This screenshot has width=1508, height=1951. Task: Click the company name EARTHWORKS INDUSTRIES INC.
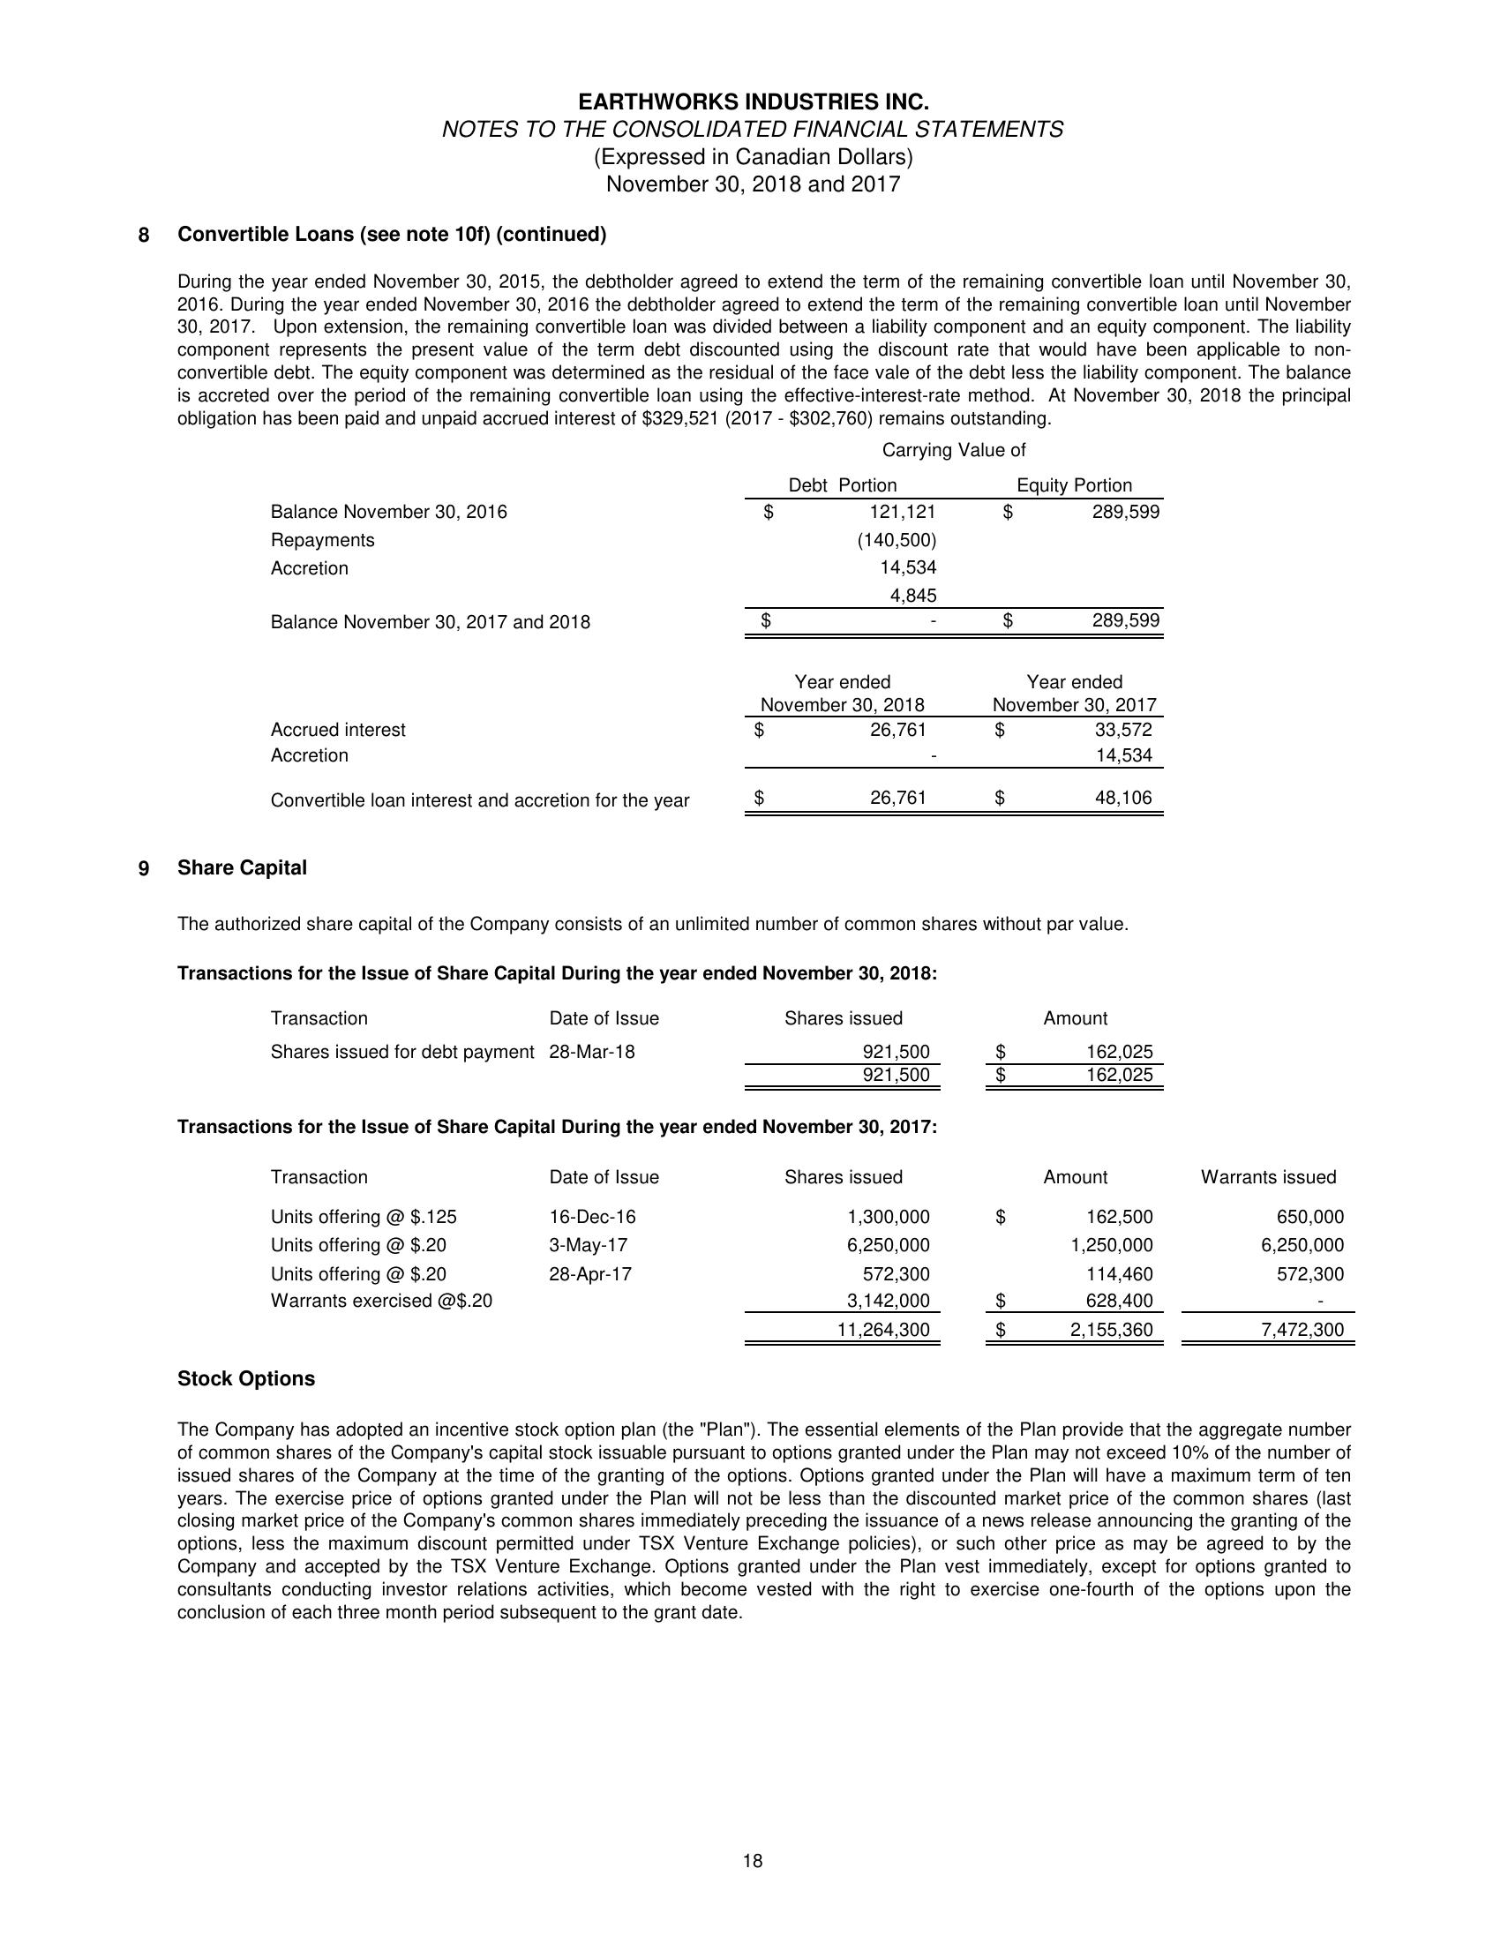pyautogui.click(x=752, y=101)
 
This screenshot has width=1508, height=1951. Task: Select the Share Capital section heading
pyautogui.click(x=241, y=867)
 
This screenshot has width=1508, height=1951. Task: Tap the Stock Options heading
pyautogui.click(x=245, y=1378)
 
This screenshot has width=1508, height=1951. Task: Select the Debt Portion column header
pyautogui.click(x=842, y=485)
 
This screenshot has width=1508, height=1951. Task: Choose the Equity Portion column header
pyautogui.click(x=1074, y=485)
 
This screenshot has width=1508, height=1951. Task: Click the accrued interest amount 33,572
pyautogui.click(x=1123, y=730)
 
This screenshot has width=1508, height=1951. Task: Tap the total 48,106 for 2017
pyautogui.click(x=1123, y=798)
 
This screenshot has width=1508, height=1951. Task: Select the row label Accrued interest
pyautogui.click(x=338, y=730)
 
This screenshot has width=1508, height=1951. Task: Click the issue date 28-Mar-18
pyautogui.click(x=591, y=1052)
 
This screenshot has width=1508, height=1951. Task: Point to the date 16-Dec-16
pyautogui.click(x=592, y=1217)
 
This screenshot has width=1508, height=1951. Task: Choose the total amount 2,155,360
pyautogui.click(x=1111, y=1329)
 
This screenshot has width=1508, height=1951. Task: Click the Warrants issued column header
pyautogui.click(x=1268, y=1177)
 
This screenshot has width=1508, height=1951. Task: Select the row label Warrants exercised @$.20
pyautogui.click(x=380, y=1301)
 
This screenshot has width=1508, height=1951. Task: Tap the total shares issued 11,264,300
pyautogui.click(x=882, y=1329)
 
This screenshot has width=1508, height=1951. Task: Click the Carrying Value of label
pyautogui.click(x=953, y=450)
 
